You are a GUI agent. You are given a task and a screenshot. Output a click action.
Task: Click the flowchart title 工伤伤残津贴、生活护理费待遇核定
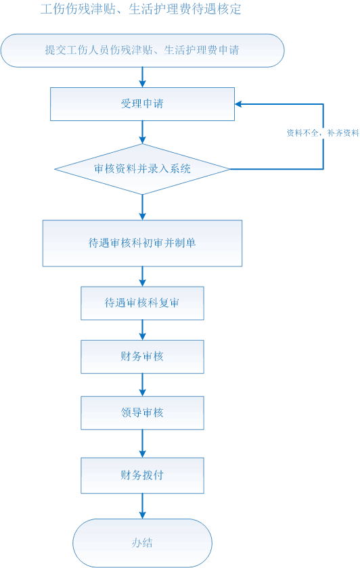pos(141,9)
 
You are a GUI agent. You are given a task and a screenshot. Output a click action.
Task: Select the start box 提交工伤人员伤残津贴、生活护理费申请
pos(143,50)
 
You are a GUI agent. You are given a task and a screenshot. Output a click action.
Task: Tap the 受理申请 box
pos(143,104)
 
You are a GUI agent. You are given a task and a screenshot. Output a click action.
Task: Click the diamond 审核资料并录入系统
pos(143,169)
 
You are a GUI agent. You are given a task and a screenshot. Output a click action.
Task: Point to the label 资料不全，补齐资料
pos(323,133)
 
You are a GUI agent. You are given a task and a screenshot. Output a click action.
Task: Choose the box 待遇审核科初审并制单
pos(143,243)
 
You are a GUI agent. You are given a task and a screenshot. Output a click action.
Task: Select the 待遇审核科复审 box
pos(143,303)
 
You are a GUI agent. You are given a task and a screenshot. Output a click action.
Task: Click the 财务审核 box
pos(143,357)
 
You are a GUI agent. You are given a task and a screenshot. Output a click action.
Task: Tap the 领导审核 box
pos(143,413)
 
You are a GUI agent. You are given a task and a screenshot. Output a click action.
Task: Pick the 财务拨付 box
pos(143,475)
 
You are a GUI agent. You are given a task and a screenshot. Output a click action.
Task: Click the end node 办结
pos(143,542)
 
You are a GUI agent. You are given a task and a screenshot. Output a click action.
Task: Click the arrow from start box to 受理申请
pos(143,77)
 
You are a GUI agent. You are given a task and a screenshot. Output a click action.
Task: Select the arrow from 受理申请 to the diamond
pos(143,133)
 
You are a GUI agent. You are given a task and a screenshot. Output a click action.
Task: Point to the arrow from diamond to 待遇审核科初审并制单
pos(143,207)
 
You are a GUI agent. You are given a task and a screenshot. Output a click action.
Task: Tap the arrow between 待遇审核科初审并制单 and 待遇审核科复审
pos(143,277)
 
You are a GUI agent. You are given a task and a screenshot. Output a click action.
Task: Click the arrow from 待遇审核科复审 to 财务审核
pos(143,330)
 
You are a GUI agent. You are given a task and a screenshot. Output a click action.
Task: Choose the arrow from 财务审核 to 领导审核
pos(143,385)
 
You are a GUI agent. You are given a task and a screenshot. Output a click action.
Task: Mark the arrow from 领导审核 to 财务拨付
pos(143,444)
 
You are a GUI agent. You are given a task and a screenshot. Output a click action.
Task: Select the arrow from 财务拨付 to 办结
pos(143,506)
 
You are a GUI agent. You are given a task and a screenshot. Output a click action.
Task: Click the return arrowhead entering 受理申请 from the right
pos(239,104)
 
